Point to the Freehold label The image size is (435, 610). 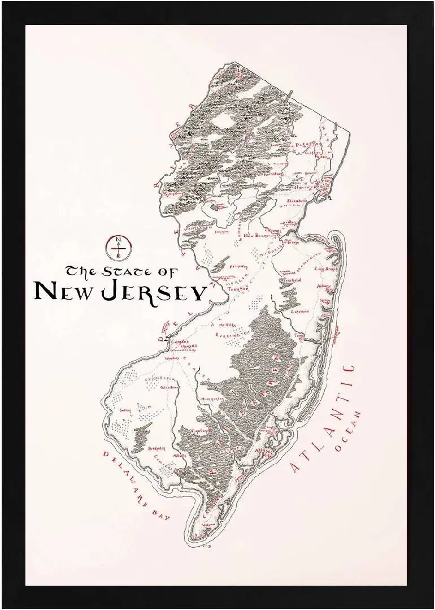point(292,280)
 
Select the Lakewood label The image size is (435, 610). point(300,311)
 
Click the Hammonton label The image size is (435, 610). point(212,399)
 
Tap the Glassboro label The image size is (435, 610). point(169,387)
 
